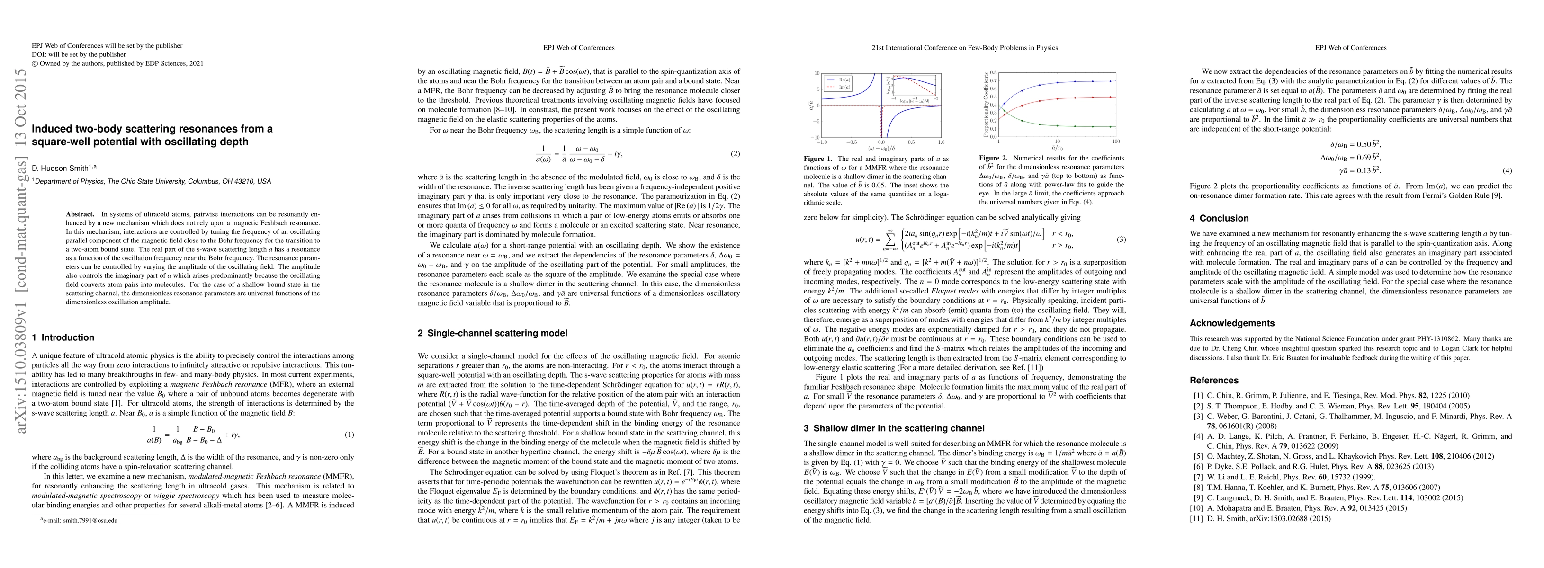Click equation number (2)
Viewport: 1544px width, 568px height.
coord(736,154)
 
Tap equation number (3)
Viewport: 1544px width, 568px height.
coord(1122,240)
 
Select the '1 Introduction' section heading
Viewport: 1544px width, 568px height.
coord(63,338)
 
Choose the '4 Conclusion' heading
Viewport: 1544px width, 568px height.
coord(1219,219)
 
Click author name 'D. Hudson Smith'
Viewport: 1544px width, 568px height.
coord(60,169)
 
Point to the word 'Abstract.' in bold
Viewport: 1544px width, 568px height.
coord(81,214)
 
